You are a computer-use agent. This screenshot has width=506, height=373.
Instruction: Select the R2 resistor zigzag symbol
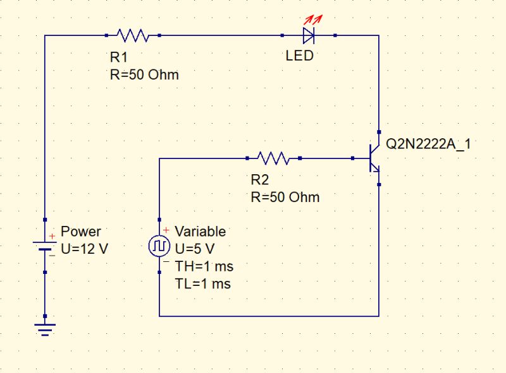coord(274,158)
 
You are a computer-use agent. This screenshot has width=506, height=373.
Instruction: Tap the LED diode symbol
coord(309,35)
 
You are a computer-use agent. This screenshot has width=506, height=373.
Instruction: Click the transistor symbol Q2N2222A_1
coord(373,158)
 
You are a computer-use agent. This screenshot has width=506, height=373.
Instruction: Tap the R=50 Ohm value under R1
coord(144,74)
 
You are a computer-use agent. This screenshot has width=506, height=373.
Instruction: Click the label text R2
coord(260,179)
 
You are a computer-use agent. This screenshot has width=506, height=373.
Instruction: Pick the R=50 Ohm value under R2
coord(285,197)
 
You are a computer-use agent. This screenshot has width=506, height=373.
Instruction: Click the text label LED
coord(299,56)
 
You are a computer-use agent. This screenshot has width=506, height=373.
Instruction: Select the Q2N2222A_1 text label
coord(428,145)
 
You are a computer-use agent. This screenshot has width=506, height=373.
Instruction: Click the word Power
coord(80,232)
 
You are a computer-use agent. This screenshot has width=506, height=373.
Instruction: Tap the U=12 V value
coord(84,249)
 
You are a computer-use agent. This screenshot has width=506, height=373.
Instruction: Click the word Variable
coord(200,232)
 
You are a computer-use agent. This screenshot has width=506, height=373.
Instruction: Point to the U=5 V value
coord(195,249)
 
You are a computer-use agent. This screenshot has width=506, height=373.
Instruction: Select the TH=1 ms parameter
coord(204,266)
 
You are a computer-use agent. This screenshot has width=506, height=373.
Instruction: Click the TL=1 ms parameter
coord(202,284)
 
